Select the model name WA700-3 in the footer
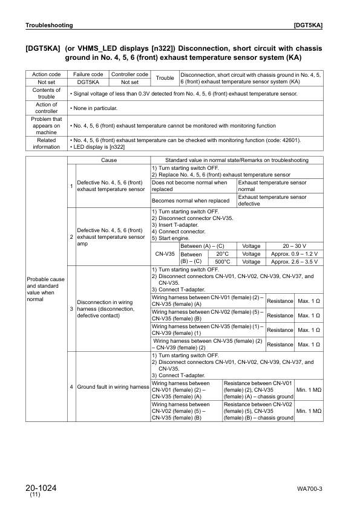309,488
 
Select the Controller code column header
129,74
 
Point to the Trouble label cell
165,78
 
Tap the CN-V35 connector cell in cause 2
165,254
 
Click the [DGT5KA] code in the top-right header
307,25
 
